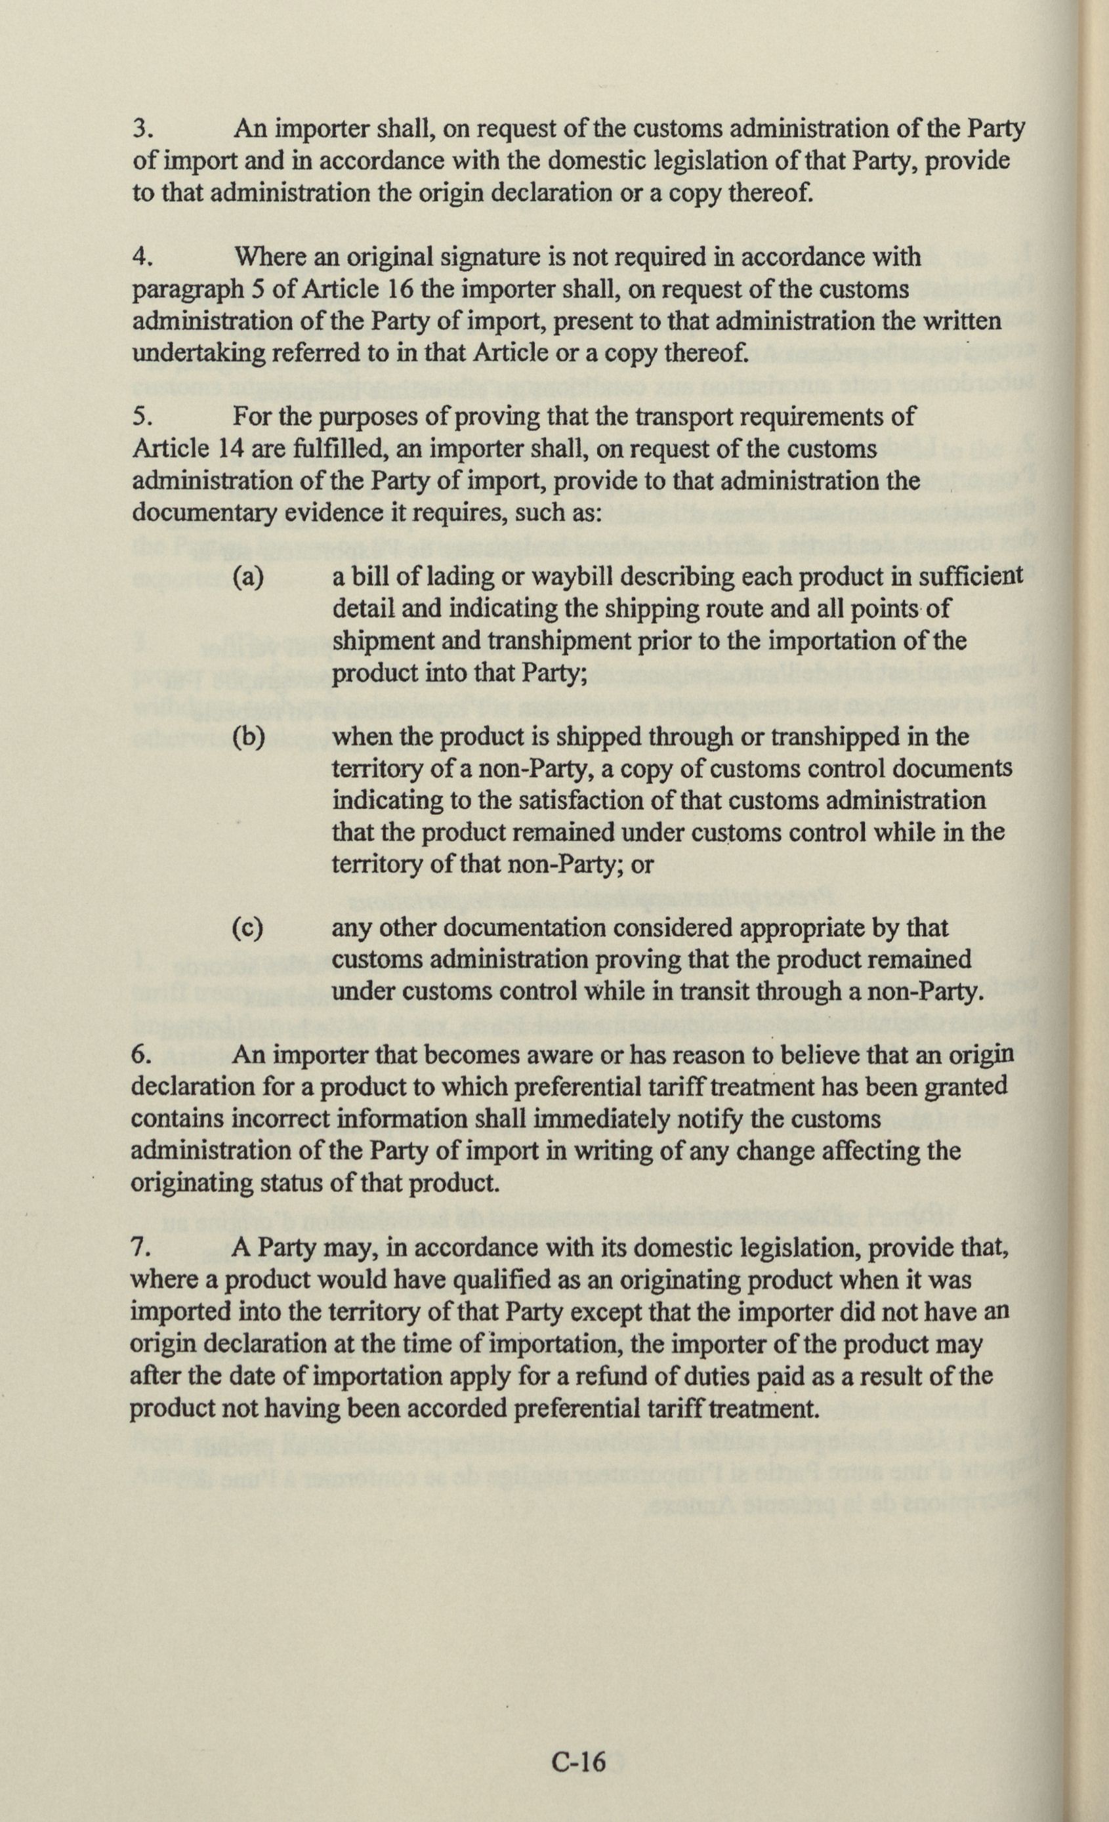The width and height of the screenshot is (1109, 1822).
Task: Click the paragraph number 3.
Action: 142,129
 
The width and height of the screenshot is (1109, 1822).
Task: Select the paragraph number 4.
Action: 142,257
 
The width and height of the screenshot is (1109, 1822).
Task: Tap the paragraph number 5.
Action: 142,417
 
